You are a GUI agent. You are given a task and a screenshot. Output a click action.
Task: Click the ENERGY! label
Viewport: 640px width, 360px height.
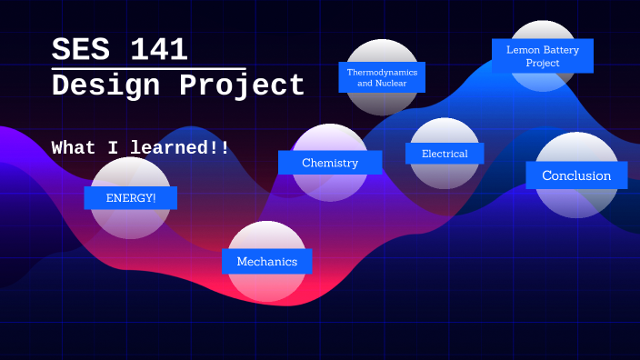(x=131, y=198)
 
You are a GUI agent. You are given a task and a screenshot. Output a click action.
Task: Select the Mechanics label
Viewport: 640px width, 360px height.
(x=267, y=262)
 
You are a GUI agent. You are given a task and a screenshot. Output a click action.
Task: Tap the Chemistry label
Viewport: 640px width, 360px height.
(x=330, y=163)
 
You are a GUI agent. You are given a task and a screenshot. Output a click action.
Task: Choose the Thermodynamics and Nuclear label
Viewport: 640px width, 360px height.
(x=382, y=77)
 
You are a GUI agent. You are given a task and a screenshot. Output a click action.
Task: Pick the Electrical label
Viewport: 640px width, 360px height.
(x=445, y=154)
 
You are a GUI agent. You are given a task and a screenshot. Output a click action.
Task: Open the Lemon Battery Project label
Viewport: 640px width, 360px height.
(x=543, y=56)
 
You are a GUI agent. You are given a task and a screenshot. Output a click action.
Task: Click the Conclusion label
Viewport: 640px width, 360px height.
(x=576, y=175)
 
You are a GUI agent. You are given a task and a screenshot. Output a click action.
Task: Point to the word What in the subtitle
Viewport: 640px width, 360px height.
(x=74, y=147)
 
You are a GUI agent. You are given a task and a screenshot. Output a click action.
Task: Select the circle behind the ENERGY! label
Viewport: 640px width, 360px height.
(x=130, y=223)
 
